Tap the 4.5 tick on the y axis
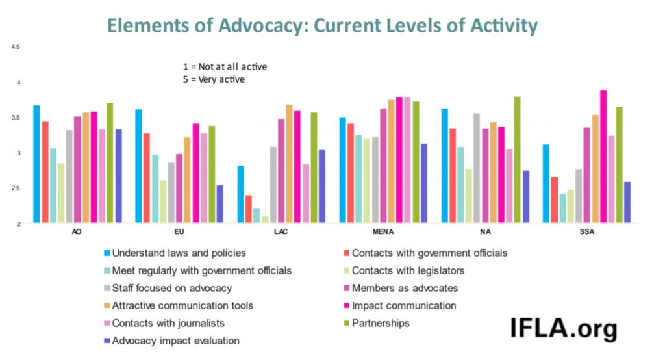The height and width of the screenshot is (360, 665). tap(16, 47)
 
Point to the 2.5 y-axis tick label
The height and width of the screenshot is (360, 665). tap(16, 188)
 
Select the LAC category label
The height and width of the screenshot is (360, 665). tap(282, 231)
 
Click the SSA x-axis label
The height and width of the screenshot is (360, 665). tap(587, 231)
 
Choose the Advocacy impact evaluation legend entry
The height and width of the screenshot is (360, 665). tap(176, 341)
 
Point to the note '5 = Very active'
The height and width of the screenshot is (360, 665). tap(215, 79)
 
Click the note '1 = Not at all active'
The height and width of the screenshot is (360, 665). tap(225, 66)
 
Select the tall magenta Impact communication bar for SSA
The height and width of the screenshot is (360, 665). tap(603, 157)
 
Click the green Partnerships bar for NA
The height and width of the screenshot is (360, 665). tap(517, 160)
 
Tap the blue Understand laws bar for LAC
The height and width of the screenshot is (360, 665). tap(240, 194)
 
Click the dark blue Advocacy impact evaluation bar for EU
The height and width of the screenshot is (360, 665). tap(220, 204)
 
